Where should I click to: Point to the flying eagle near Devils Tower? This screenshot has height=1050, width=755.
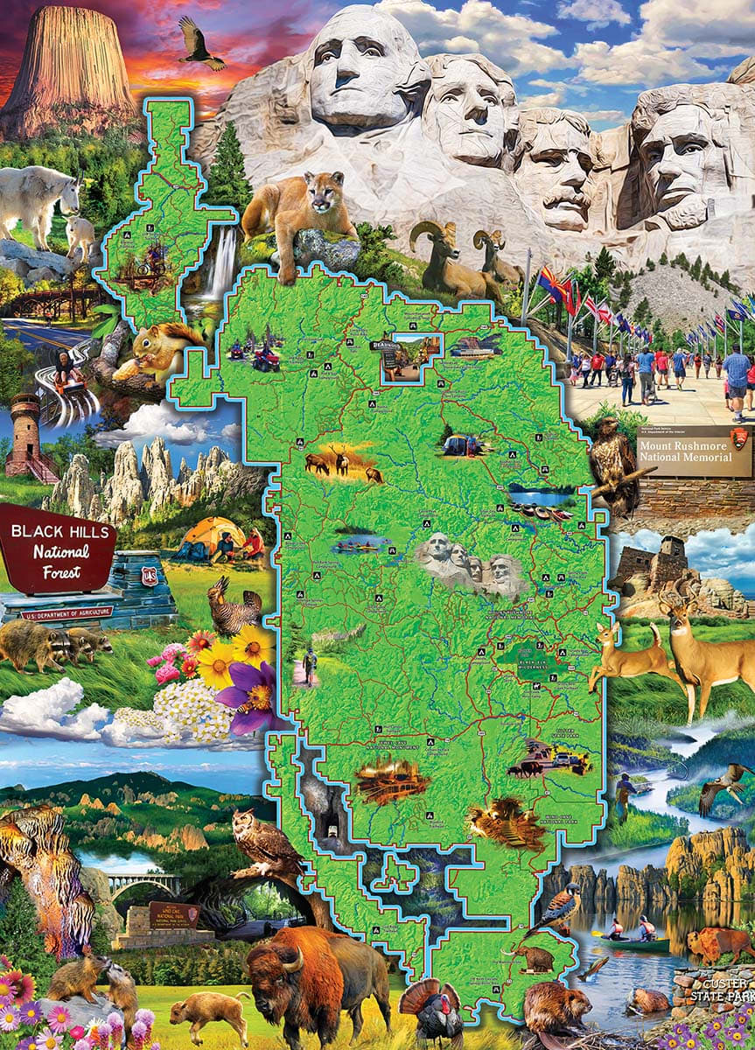click(x=200, y=45)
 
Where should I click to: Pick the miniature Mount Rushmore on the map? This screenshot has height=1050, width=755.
click(x=467, y=561)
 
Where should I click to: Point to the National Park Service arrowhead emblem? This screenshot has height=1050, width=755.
click(x=739, y=441)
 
